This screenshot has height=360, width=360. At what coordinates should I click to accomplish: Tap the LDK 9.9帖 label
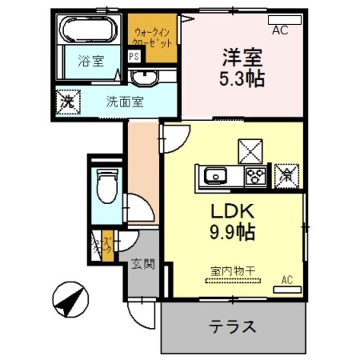[x=233, y=220]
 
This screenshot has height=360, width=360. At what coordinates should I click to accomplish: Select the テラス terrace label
[x=234, y=326]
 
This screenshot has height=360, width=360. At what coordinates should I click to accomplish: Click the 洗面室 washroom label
[x=125, y=102]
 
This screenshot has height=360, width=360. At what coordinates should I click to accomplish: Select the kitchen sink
[x=214, y=176]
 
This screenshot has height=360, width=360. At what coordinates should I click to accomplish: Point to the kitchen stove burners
[x=255, y=176]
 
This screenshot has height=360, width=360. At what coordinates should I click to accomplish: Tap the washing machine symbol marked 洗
[x=68, y=103]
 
